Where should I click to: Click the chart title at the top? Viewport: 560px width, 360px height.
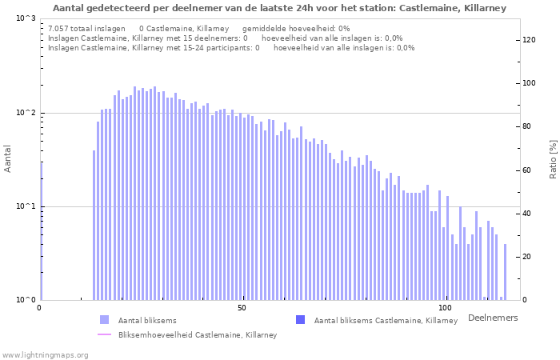pos(279,8)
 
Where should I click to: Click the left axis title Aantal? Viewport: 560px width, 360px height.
pos(8,158)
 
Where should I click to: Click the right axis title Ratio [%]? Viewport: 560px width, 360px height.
pos(553,158)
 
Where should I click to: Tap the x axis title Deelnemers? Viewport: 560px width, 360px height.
pos(492,318)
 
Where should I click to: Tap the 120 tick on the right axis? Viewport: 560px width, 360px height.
pos(530,40)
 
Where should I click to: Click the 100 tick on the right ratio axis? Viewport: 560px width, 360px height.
pos(530,83)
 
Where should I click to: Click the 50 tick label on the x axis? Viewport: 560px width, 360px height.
pos(242,308)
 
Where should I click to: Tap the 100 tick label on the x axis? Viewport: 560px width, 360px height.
pos(446,308)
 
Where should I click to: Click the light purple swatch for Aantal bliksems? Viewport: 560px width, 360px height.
pos(104,320)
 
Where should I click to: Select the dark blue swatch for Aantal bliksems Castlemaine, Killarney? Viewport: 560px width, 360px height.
pos(300,320)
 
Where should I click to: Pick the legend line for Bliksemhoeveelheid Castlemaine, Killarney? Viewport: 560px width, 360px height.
pos(104,334)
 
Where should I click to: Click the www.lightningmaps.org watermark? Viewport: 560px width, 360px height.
pos(44,354)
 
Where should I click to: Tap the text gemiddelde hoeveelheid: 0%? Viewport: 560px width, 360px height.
pos(296,28)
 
